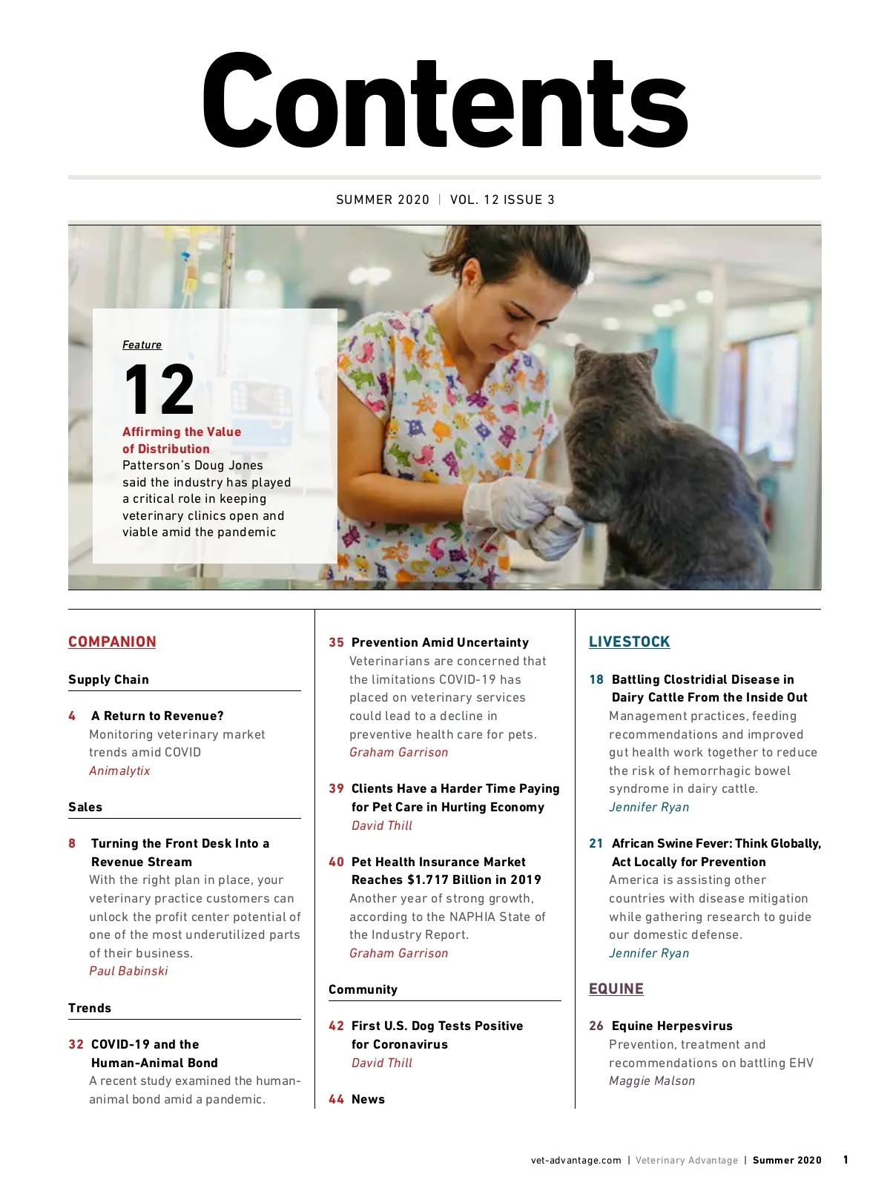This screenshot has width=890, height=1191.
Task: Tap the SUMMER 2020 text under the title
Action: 383,199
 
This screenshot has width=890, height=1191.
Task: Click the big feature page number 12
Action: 159,390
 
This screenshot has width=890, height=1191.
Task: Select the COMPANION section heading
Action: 112,642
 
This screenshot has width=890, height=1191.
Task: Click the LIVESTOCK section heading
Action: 629,642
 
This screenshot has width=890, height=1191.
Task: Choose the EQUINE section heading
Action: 616,989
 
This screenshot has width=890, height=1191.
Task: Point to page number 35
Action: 336,642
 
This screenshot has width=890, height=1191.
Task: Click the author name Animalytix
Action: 119,771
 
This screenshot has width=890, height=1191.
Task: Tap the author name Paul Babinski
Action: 128,971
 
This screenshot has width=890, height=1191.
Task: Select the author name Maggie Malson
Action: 652,1081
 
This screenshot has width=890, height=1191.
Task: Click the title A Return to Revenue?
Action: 157,716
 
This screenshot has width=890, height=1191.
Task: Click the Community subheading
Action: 363,989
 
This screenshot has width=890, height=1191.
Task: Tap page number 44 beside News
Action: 336,1099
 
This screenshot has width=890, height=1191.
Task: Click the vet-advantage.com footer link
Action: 576,1161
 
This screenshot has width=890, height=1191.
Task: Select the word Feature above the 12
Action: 142,345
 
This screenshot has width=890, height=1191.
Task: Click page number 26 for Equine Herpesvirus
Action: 596,1026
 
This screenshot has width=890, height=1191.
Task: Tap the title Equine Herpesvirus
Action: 672,1026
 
